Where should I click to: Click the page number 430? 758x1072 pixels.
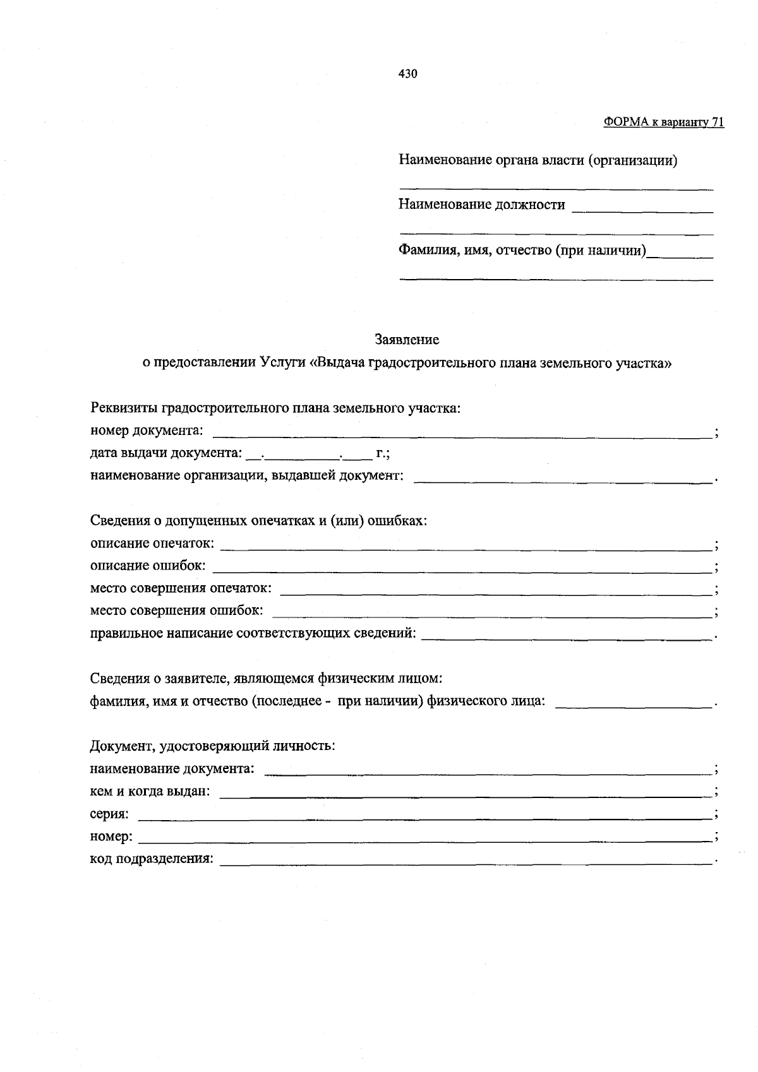tap(407, 74)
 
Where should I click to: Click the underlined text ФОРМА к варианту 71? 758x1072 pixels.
tap(663, 122)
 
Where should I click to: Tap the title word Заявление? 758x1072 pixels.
tap(407, 340)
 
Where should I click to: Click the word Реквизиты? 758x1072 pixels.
tap(124, 408)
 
